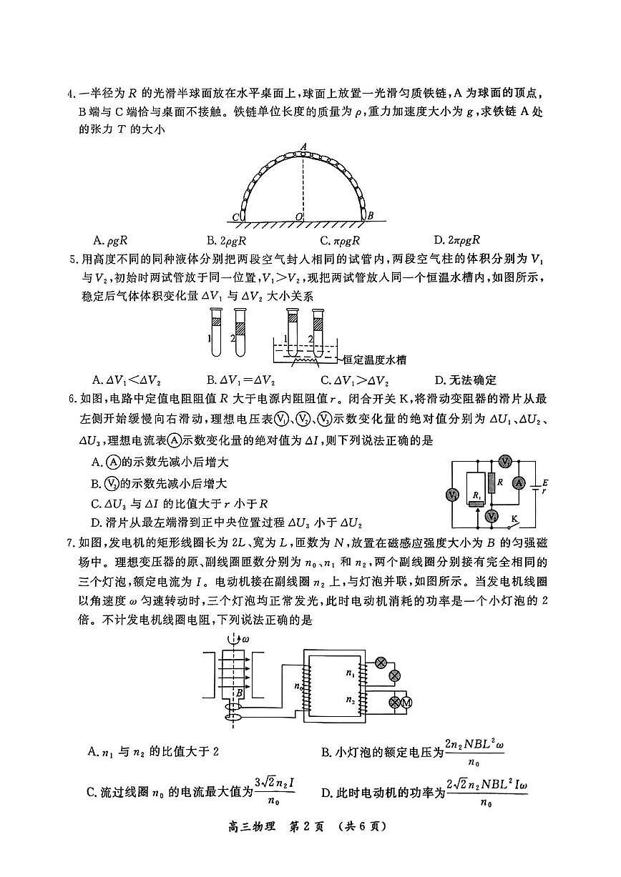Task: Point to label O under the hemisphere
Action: click(x=298, y=216)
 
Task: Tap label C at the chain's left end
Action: click(x=236, y=217)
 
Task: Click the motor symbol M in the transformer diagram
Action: click(x=408, y=703)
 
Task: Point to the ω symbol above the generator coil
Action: click(x=247, y=638)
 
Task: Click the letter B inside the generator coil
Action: click(x=240, y=692)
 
